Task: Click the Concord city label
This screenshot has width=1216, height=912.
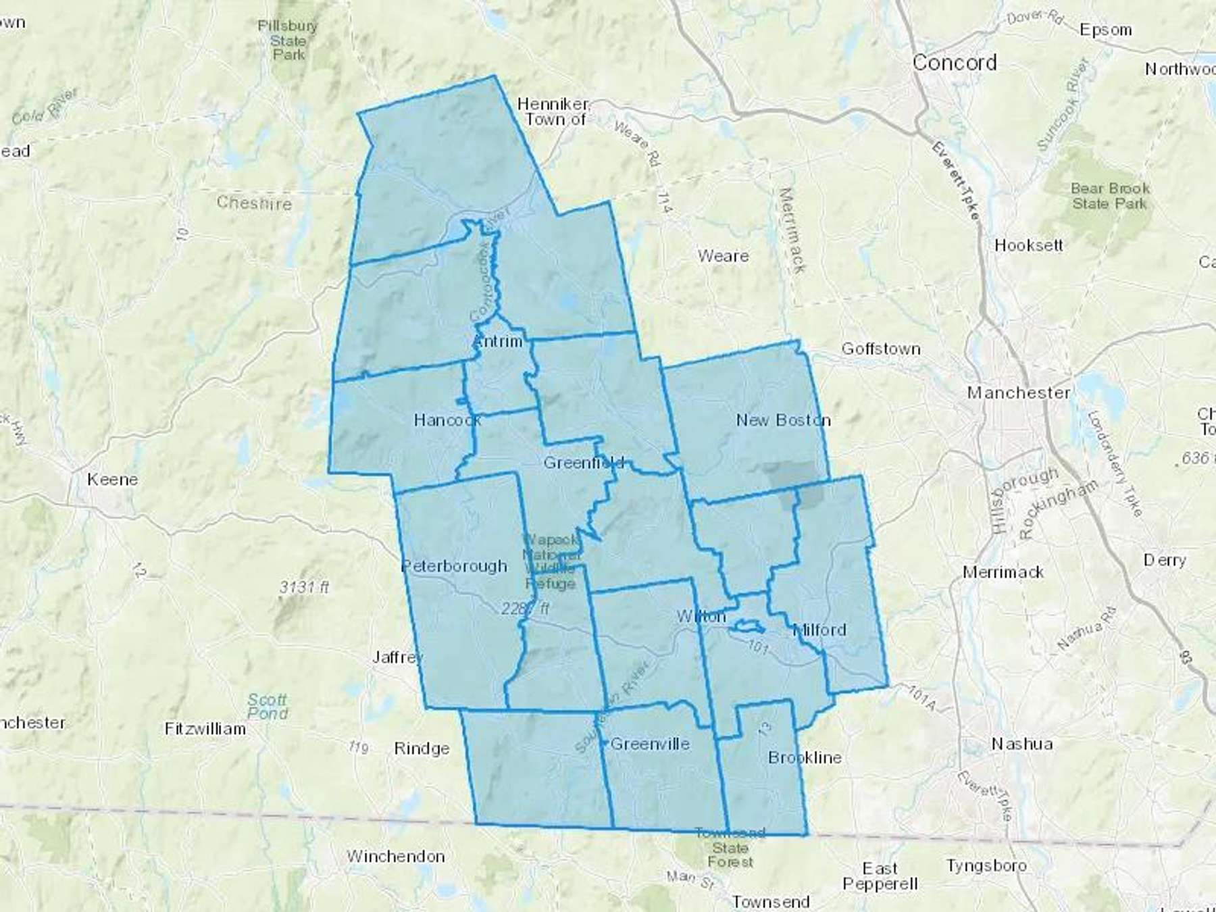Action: click(954, 63)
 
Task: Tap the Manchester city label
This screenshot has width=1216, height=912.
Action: click(1018, 392)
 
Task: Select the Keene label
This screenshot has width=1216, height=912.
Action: click(112, 480)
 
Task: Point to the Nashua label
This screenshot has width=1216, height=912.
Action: click(1021, 744)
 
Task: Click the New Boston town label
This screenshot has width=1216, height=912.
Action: click(783, 420)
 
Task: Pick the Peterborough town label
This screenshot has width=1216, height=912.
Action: click(454, 566)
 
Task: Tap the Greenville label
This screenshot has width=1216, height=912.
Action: click(649, 744)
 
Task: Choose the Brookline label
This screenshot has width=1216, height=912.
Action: click(805, 757)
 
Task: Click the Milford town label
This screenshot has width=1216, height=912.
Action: click(819, 630)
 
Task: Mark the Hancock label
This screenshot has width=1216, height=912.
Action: click(447, 420)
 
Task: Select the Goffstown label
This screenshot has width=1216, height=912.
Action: click(880, 349)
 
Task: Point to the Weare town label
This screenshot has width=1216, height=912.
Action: click(723, 256)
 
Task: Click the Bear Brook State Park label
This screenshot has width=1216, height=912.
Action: click(1110, 196)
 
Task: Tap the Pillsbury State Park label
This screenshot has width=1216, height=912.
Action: click(287, 40)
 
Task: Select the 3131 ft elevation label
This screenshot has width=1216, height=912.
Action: click(304, 587)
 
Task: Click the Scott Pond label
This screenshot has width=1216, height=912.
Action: click(268, 707)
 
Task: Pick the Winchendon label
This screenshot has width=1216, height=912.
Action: click(395, 856)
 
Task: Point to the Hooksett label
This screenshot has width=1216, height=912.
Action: click(1028, 245)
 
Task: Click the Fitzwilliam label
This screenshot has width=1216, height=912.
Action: click(205, 729)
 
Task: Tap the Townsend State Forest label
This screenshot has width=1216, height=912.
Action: click(730, 848)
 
